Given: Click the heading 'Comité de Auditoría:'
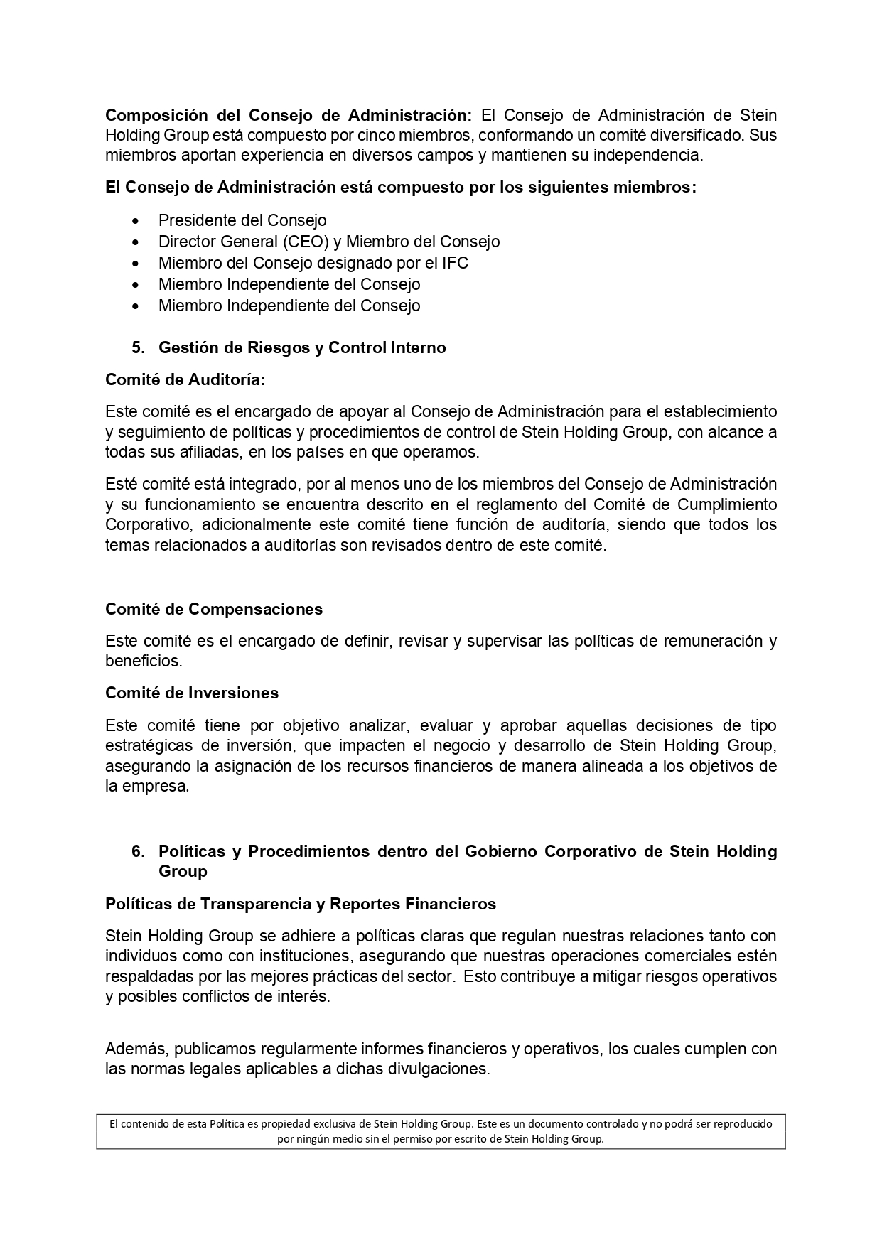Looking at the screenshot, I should coord(185,380).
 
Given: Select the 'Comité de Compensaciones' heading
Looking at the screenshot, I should coord(214,609).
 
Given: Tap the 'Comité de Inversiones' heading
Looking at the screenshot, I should coord(192,693).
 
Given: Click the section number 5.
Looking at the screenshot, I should coord(138,347).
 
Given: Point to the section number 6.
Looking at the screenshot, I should coord(138,851).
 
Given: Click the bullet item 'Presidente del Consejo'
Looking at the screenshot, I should coord(242,220).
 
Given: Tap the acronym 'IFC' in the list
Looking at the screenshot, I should coord(455,263).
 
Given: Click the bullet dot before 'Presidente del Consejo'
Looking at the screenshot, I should coord(136,221).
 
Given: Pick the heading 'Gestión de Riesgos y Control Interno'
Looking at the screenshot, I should coord(302,347).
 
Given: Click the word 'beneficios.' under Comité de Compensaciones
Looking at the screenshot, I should coord(144,661).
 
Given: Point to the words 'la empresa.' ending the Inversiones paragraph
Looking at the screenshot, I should coord(147,787).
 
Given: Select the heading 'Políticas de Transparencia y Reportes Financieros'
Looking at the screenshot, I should coord(301,904).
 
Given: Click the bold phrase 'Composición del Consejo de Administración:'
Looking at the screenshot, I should coord(289,115).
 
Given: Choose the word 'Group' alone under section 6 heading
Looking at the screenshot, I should coord(183,871).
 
